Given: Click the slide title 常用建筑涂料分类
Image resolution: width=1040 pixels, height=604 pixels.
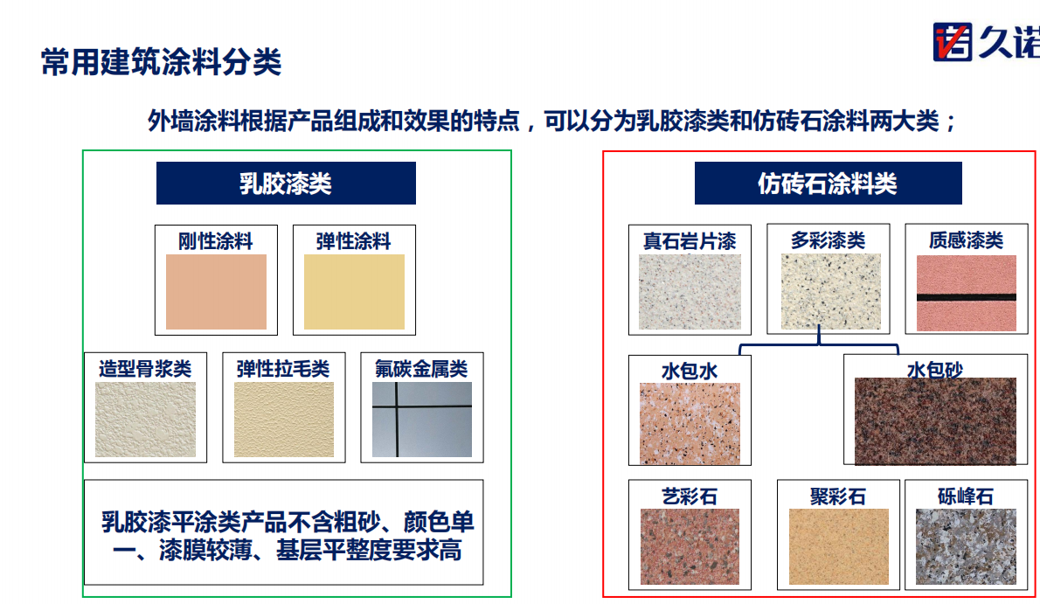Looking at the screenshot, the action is click(161, 62).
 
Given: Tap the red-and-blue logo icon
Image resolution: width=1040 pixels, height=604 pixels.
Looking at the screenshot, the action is click(953, 42).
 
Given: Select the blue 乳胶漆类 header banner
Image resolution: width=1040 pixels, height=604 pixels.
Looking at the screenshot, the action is click(286, 184).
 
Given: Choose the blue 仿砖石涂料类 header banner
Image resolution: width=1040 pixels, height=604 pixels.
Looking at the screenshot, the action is click(828, 184).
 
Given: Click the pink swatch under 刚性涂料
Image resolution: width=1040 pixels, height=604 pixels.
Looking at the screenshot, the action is click(216, 292).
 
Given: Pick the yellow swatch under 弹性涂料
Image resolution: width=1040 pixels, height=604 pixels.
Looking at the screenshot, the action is click(354, 292).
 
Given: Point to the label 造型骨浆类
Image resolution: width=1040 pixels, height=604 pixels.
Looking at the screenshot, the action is click(145, 369).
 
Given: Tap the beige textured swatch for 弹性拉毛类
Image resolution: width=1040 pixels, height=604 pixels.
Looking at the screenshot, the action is click(284, 420).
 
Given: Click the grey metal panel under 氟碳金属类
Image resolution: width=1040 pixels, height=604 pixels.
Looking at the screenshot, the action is click(422, 420).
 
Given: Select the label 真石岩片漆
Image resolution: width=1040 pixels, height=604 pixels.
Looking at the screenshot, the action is click(690, 241).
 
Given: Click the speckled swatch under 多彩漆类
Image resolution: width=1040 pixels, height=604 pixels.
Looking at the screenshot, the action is click(831, 291).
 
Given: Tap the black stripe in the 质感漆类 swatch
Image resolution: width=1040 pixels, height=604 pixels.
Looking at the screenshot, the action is click(967, 297).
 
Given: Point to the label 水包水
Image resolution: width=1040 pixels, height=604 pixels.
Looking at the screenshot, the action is click(690, 371).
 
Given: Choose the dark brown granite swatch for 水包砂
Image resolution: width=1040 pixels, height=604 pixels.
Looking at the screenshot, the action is click(935, 421).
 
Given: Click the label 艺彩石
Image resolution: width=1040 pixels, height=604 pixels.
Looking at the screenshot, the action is click(690, 496).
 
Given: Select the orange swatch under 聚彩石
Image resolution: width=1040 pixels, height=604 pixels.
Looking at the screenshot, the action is click(838, 547).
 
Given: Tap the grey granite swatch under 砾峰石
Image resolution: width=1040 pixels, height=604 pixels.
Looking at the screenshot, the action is click(967, 547).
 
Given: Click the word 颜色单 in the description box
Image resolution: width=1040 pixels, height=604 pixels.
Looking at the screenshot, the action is click(439, 523).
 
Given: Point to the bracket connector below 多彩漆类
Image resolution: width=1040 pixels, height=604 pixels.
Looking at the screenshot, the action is click(819, 345).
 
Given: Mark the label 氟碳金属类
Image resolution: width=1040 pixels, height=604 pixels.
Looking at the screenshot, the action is click(422, 369).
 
